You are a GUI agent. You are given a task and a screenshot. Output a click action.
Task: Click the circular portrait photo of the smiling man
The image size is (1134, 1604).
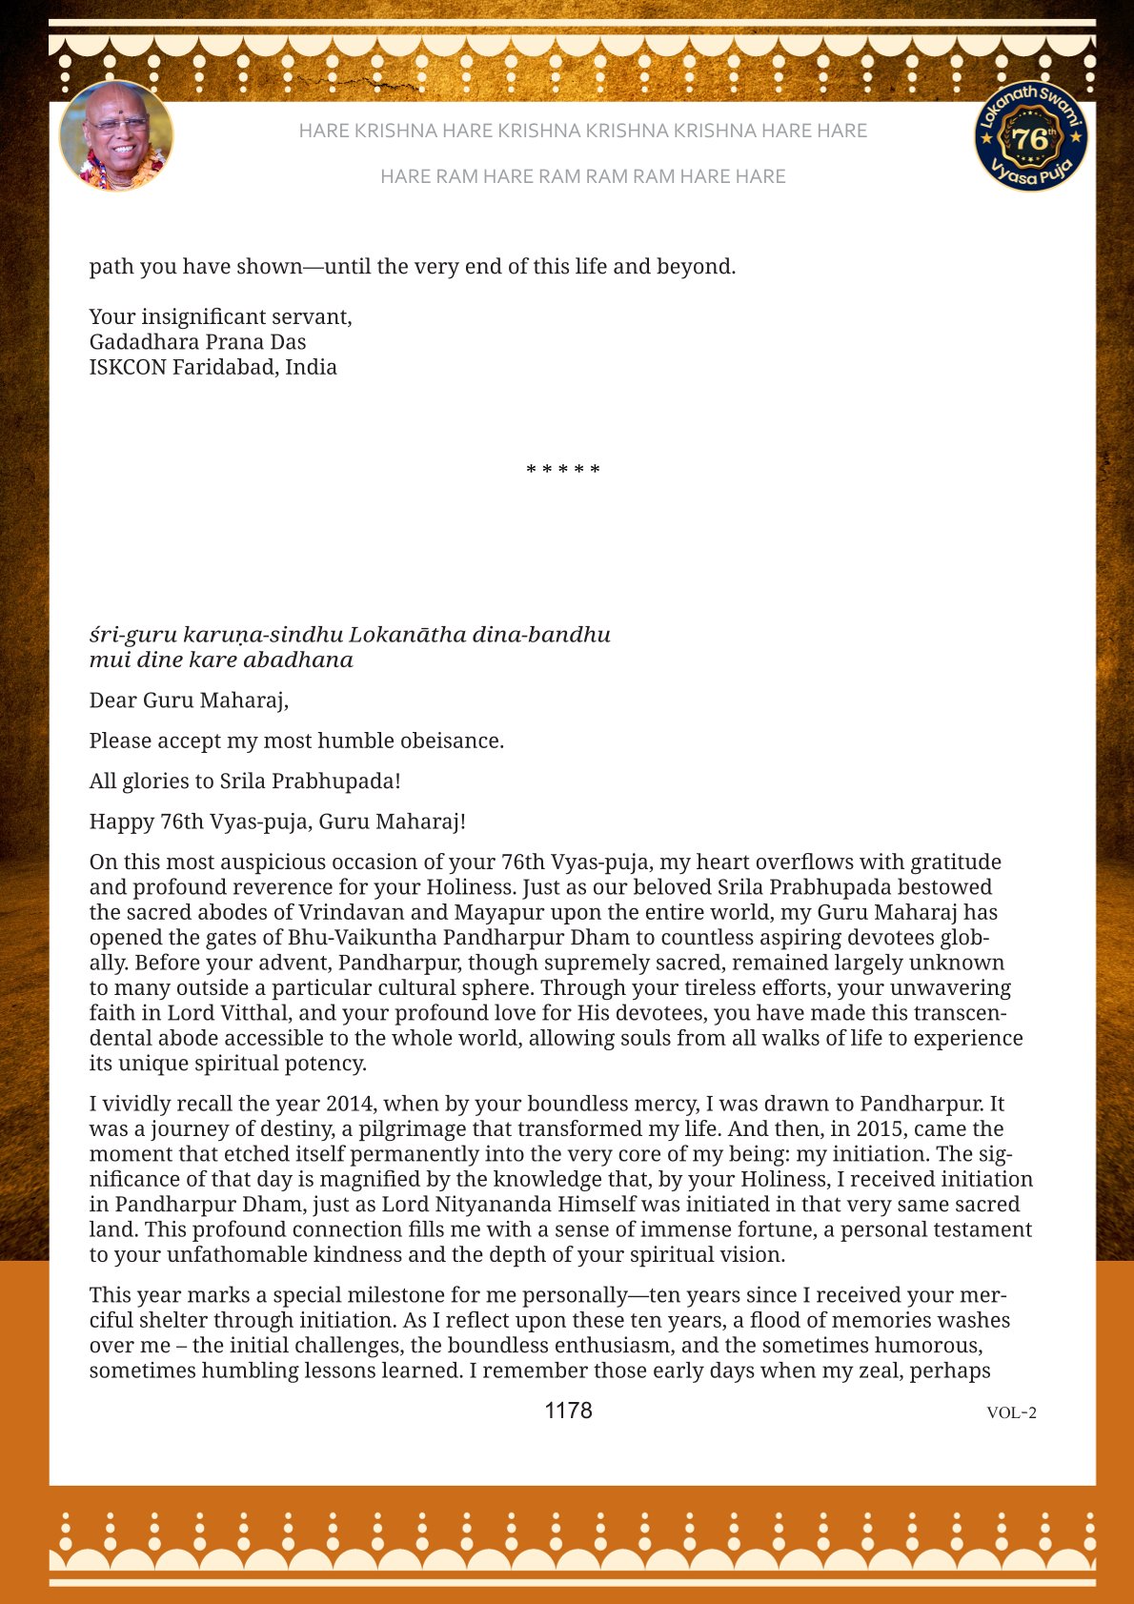[116, 135]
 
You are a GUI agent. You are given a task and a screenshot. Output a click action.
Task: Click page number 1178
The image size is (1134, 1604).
[568, 1411]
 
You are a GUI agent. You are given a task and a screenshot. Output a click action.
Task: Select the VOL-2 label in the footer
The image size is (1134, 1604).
[1011, 1412]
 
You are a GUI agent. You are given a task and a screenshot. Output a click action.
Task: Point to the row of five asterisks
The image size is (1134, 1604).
[563, 470]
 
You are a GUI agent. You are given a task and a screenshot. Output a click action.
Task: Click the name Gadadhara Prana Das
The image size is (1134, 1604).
[197, 342]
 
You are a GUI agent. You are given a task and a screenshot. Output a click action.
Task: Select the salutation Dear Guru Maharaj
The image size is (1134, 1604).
[189, 700]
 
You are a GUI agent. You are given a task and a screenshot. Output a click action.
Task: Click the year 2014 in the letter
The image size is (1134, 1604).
[352, 1104]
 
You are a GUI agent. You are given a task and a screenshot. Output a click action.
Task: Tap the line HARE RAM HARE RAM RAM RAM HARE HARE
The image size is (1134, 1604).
[582, 176]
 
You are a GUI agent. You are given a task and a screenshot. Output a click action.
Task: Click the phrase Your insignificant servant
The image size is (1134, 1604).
[220, 316]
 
